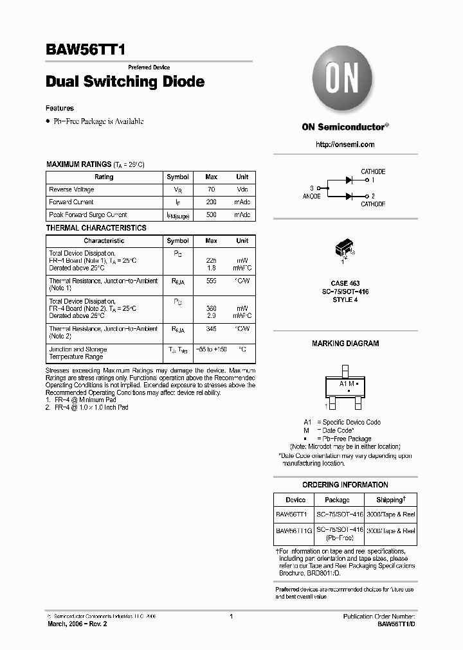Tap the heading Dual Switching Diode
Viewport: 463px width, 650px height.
pos(125,82)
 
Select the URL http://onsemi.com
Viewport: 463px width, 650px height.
pos(345,145)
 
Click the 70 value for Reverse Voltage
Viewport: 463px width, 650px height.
pos(211,190)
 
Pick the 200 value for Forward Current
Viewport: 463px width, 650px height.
pos(211,202)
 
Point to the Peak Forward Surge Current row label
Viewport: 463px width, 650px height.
pos(88,215)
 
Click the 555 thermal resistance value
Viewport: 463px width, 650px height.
pos(211,281)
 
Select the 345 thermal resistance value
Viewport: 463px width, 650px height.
pos(211,329)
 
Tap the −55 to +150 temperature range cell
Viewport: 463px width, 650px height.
pos(212,349)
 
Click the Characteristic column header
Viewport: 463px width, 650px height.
pos(104,241)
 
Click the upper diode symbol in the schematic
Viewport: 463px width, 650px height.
pos(350,180)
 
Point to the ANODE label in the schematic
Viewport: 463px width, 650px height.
pos(311,196)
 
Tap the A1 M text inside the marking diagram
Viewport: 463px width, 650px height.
pos(347,383)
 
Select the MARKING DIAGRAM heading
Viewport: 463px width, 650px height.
pos(345,344)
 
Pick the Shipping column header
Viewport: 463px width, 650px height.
pos(390,500)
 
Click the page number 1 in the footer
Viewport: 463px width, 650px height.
pos(231,617)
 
